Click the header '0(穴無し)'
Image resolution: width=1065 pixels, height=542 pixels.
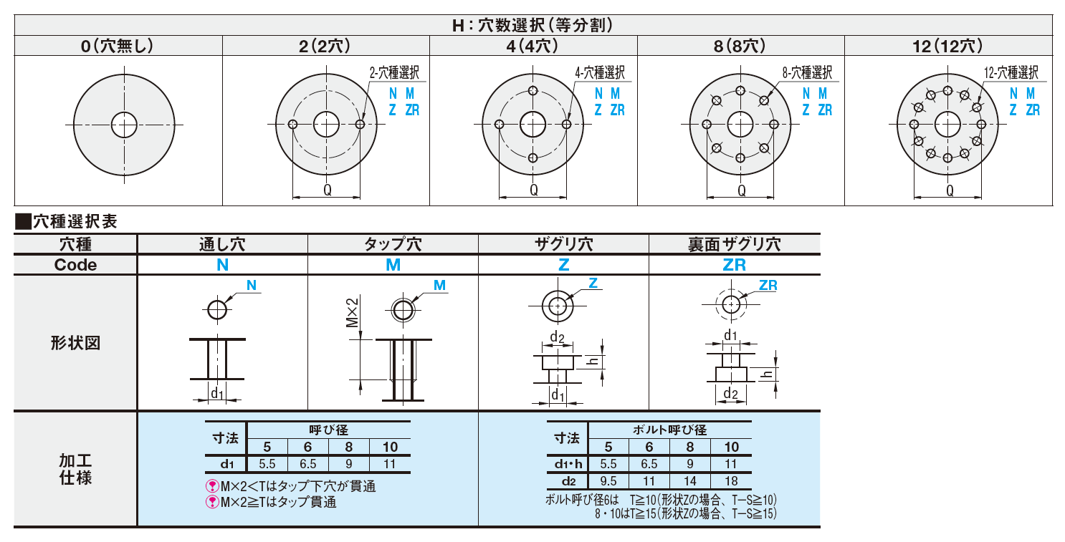click(118, 46)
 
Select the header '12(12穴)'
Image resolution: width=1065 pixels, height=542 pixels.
click(947, 46)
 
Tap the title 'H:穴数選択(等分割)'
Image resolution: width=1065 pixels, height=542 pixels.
click(532, 24)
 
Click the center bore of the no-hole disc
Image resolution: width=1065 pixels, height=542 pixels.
click(124, 125)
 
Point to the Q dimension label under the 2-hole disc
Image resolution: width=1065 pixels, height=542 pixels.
click(327, 190)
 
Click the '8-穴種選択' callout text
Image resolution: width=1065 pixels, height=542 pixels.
click(807, 72)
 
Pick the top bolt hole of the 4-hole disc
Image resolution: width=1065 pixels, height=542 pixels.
click(533, 91)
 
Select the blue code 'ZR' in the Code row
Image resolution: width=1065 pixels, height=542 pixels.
click(734, 265)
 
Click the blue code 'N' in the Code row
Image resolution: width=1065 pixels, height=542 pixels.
click(222, 265)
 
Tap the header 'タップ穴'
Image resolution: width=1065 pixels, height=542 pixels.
click(393, 244)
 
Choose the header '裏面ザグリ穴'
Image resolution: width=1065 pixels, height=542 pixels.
click(734, 244)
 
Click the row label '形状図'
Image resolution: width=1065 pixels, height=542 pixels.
click(75, 342)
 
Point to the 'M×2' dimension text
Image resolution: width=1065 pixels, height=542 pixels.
click(352, 312)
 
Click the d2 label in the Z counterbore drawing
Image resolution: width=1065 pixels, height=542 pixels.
click(557, 337)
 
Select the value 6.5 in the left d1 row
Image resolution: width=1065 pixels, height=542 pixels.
click(307, 464)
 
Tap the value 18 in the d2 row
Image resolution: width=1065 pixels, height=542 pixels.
click(731, 480)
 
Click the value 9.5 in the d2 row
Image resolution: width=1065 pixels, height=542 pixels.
click(608, 480)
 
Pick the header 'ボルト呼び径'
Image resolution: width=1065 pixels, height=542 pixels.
click(669, 430)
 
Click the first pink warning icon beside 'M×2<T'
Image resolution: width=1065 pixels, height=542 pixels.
click(212, 486)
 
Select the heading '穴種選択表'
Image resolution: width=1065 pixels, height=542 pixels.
click(75, 221)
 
